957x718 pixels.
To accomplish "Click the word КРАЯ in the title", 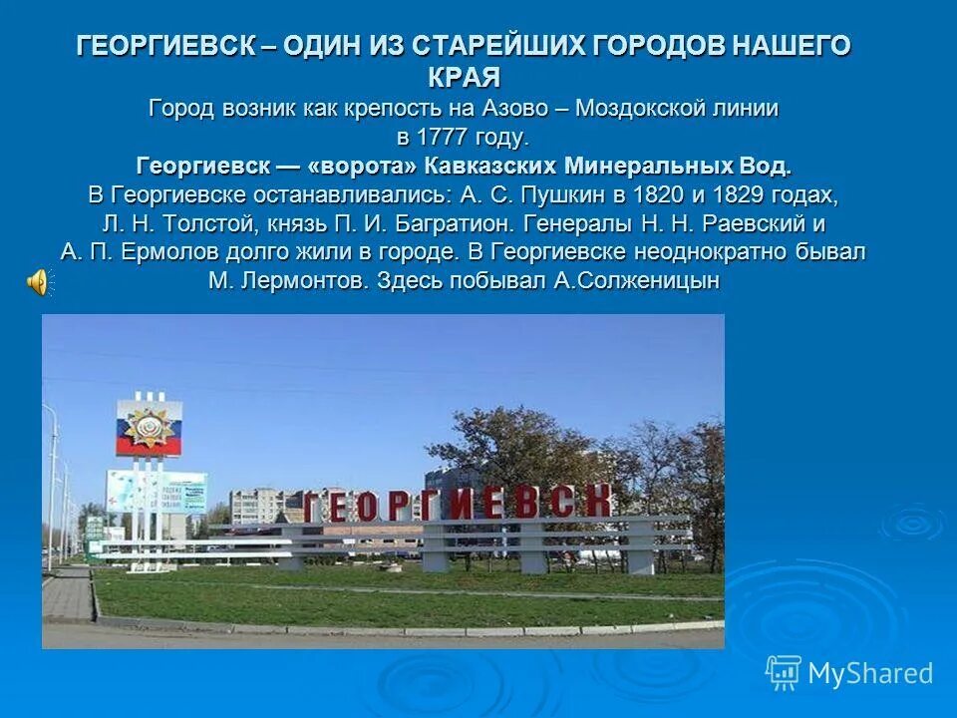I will (464, 76).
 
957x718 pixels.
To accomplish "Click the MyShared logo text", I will (870, 673).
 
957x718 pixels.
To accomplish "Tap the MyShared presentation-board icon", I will (784, 672).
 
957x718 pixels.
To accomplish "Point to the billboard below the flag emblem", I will (156, 492).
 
